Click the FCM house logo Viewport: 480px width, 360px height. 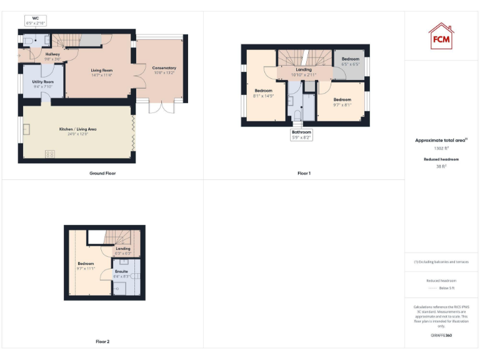pos(441,36)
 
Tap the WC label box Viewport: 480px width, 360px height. pos(36,21)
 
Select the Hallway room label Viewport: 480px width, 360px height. pos(53,57)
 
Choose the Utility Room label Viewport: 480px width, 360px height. pos(43,84)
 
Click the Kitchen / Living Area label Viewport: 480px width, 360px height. pos(77,131)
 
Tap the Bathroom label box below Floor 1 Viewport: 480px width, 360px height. pos(301,134)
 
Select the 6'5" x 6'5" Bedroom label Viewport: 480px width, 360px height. pos(350,61)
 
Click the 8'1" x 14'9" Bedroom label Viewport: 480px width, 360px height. pos(263,93)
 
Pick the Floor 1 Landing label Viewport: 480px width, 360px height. pos(304,71)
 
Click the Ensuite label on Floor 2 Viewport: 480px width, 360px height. pos(121,273)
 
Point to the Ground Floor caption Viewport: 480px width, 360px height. pos(102,173)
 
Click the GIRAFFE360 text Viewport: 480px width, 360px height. pos(441,336)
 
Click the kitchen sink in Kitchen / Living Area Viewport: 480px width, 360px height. pos(27,129)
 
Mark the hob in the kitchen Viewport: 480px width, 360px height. pos(49,154)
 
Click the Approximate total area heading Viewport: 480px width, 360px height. pos(441,141)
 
